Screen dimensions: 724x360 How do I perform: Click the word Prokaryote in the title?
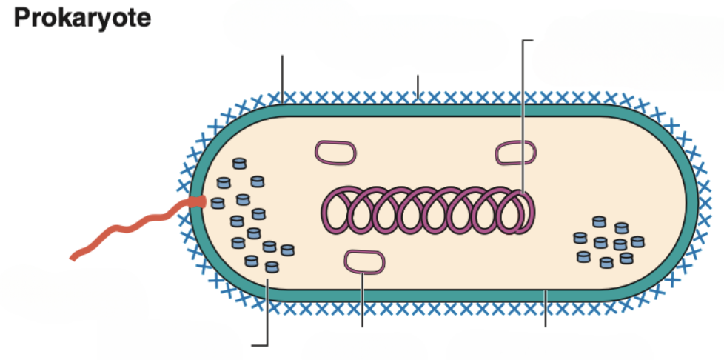[x=82, y=18]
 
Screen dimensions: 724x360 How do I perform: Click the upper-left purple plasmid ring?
[x=336, y=153]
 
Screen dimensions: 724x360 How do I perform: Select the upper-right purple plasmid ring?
[x=515, y=153]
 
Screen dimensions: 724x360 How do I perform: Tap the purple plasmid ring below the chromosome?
[x=363, y=261]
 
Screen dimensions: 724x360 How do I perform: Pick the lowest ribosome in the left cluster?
[x=272, y=266]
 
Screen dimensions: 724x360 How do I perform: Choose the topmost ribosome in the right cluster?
[x=599, y=221]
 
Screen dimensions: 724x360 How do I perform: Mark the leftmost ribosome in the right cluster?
[x=580, y=239]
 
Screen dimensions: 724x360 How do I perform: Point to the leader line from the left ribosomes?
[x=266, y=319]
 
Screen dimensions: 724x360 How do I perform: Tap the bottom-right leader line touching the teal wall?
[x=546, y=310]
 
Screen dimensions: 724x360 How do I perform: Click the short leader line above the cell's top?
[x=418, y=85]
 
